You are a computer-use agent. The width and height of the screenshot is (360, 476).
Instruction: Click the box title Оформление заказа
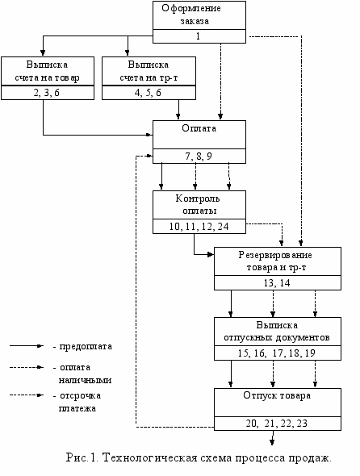tap(191, 15)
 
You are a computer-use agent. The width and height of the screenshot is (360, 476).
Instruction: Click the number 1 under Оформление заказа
tap(198, 36)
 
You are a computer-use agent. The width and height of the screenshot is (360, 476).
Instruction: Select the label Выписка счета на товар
tap(47, 71)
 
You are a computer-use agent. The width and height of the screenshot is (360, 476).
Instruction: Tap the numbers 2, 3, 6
tap(47, 93)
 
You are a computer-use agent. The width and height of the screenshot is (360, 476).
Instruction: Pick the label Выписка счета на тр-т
tap(149, 71)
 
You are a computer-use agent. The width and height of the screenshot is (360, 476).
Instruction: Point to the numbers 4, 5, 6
tap(148, 93)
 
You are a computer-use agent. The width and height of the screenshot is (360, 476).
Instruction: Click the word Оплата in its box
tap(199, 128)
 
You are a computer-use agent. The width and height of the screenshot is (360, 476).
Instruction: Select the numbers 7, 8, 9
tap(199, 157)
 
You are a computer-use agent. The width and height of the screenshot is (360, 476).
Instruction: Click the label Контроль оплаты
tap(198, 205)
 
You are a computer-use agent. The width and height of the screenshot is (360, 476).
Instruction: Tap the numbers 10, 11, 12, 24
tap(199, 227)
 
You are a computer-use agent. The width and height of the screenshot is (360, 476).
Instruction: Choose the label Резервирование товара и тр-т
tap(275, 261)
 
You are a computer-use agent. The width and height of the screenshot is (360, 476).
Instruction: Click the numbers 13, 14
tap(277, 283)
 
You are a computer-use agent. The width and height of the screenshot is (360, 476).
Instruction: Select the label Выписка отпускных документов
tap(277, 332)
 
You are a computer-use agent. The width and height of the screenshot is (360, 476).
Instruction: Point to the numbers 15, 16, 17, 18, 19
tap(276, 353)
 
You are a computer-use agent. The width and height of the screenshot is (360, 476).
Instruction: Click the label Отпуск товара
tap(277, 395)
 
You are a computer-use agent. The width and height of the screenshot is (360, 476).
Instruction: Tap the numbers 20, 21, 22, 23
tap(276, 424)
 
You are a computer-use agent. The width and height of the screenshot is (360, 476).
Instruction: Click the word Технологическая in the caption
tap(150, 457)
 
